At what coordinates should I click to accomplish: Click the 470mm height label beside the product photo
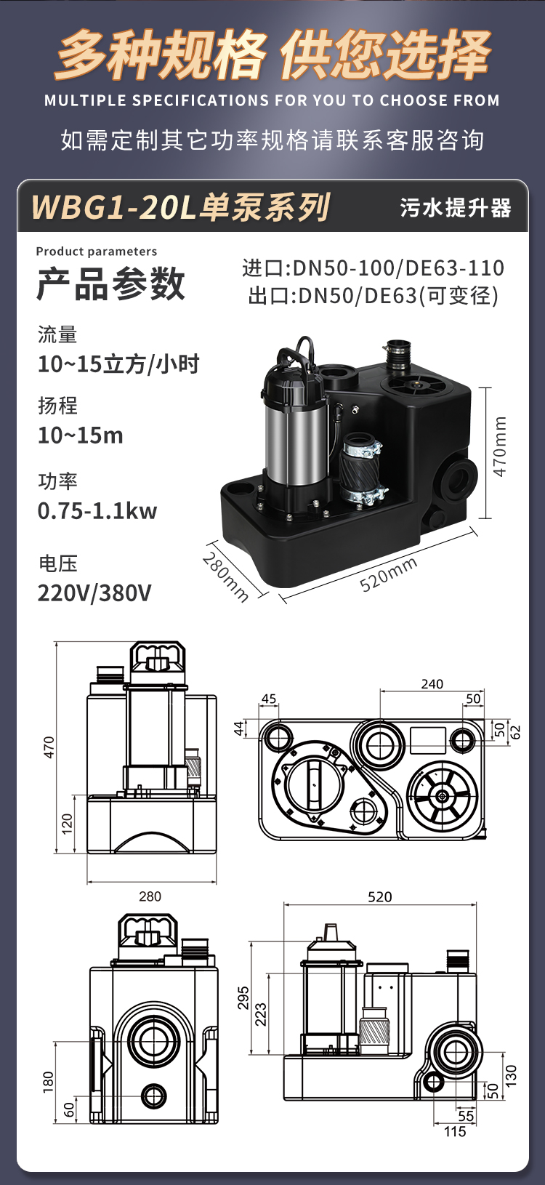(499, 446)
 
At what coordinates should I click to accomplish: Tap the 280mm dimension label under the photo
(225, 577)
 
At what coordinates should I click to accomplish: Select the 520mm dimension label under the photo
(389, 574)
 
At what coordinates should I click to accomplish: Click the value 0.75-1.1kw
(97, 511)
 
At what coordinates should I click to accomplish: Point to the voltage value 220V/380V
(94, 593)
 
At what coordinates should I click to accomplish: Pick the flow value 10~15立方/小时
(118, 364)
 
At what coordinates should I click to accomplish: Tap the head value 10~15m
(81, 435)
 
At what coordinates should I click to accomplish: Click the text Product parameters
(96, 252)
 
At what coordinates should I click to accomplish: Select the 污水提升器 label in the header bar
(456, 208)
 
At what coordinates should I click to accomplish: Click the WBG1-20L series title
(182, 207)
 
